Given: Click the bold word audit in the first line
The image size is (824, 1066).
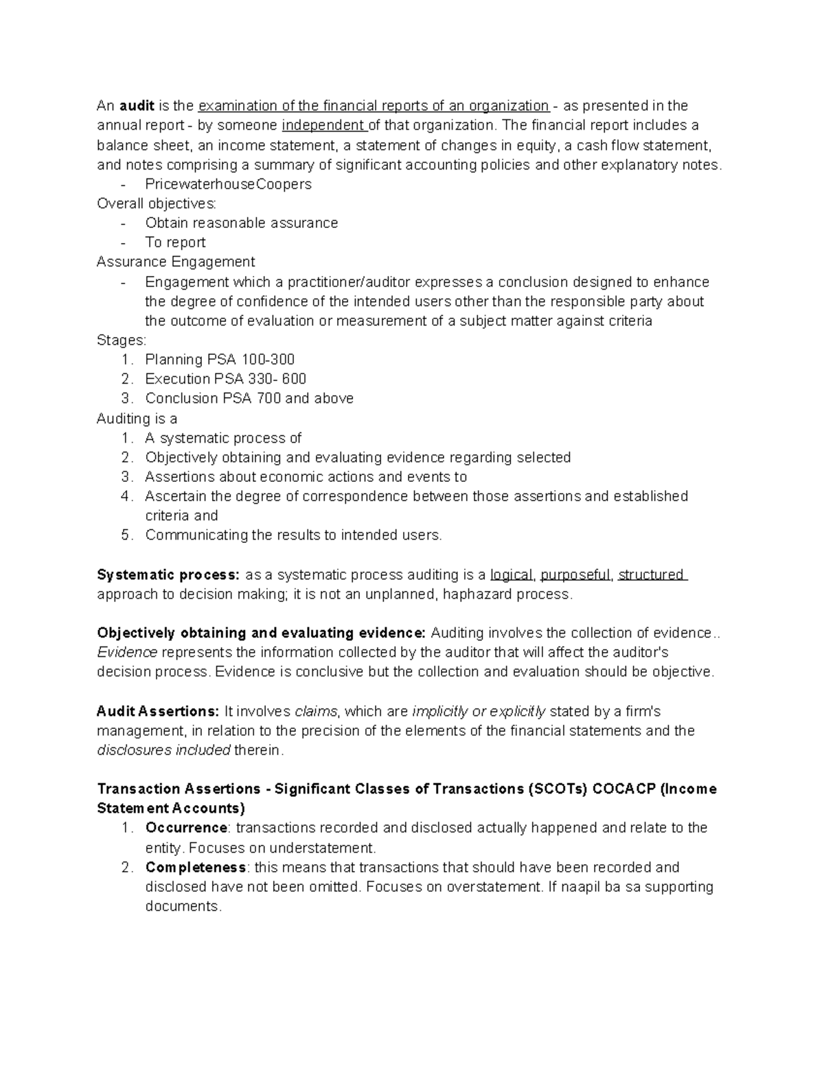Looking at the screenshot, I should [x=137, y=106].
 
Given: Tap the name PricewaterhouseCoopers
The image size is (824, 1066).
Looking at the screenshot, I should [x=228, y=184].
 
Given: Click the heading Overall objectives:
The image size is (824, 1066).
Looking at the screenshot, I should [x=157, y=203].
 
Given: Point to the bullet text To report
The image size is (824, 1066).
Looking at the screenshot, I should [x=175, y=242].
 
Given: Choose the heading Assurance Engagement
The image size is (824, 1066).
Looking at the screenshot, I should [x=176, y=262].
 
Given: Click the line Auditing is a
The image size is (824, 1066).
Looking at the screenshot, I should [x=137, y=418].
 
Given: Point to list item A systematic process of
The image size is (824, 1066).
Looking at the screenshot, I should [x=223, y=438].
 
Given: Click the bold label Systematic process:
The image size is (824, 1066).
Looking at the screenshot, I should [x=168, y=575].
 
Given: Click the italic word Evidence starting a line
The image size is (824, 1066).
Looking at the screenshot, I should [x=127, y=652].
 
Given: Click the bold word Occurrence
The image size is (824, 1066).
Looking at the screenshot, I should [x=186, y=828].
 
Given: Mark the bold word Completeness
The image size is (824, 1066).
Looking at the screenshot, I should [x=195, y=867].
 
